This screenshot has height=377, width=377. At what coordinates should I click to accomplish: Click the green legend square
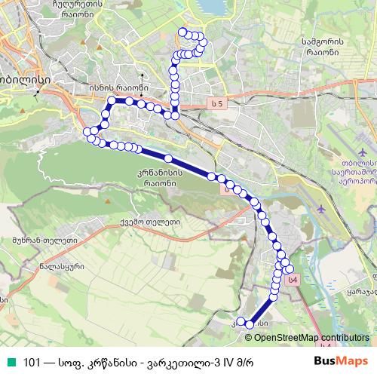[8, 360]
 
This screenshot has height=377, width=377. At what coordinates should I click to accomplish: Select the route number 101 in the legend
[32, 360]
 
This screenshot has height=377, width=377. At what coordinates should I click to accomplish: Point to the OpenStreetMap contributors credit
[311, 337]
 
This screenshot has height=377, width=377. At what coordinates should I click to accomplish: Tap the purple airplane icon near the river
[323, 208]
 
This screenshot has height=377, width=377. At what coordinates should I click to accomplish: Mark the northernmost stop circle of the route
[181, 31]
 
